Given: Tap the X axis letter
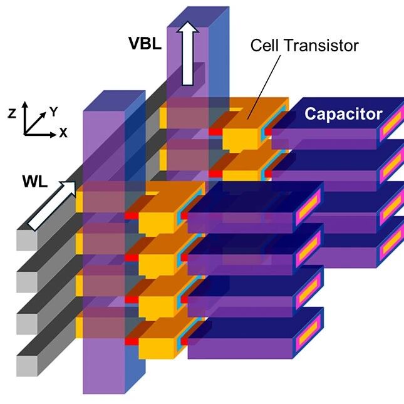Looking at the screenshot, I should (x=63, y=133).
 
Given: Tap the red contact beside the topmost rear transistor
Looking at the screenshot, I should (x=215, y=132).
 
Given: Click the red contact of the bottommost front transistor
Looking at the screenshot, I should (x=131, y=340).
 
